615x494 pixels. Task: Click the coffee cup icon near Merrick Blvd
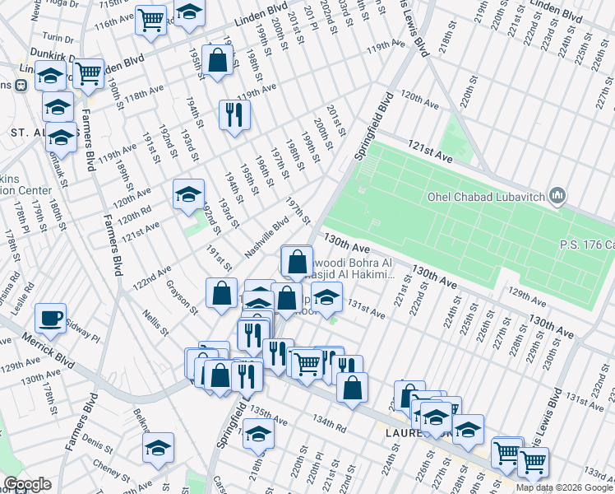[x=51, y=318]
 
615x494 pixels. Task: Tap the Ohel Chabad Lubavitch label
[x=487, y=196]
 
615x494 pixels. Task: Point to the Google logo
[x=26, y=484]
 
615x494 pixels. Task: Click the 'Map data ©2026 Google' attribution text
[x=564, y=487]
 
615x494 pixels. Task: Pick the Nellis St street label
[x=155, y=323]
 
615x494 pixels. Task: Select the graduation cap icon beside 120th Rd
[x=188, y=194]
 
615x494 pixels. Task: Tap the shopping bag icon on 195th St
[x=217, y=61]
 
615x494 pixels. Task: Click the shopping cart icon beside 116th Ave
[x=150, y=20]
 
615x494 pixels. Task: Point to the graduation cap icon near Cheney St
[x=158, y=449]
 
